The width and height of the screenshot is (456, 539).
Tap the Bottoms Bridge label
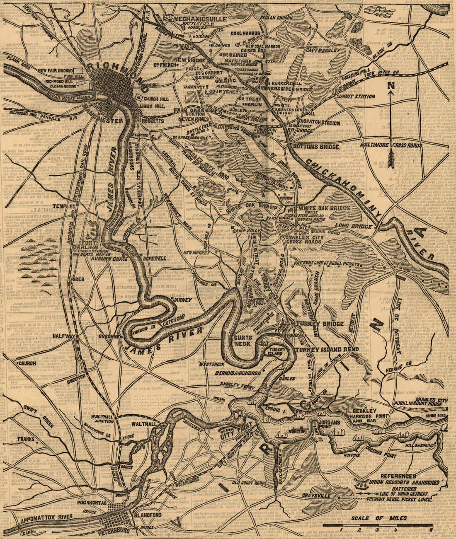click(316, 147)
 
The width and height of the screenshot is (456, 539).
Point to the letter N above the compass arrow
click(391, 86)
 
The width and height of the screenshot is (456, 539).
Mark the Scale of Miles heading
click(379, 518)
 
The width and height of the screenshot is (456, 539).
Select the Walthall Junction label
click(103, 419)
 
